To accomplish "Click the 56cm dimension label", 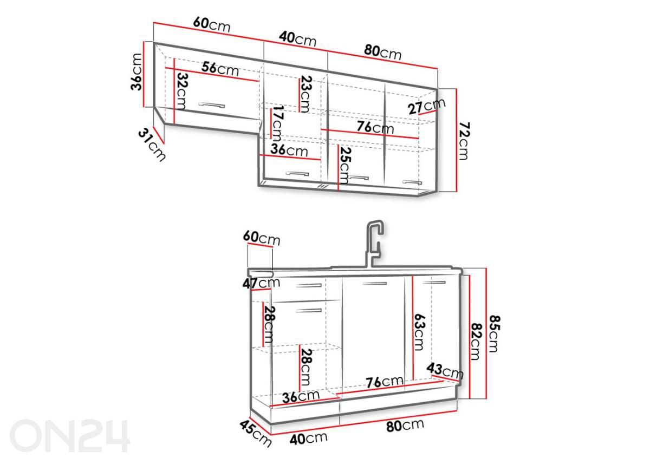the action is tap(220, 69).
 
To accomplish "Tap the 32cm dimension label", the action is tap(182, 91).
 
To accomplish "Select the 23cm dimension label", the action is tap(306, 94).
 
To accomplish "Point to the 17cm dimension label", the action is tap(277, 123).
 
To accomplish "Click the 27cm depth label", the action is tap(426, 106).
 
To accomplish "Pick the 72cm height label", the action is tap(464, 141).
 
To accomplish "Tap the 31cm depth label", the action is tap(152, 145).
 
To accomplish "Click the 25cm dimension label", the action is tap(346, 166).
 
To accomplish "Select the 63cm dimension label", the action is tap(419, 332).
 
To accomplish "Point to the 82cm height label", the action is tap(475, 341).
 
